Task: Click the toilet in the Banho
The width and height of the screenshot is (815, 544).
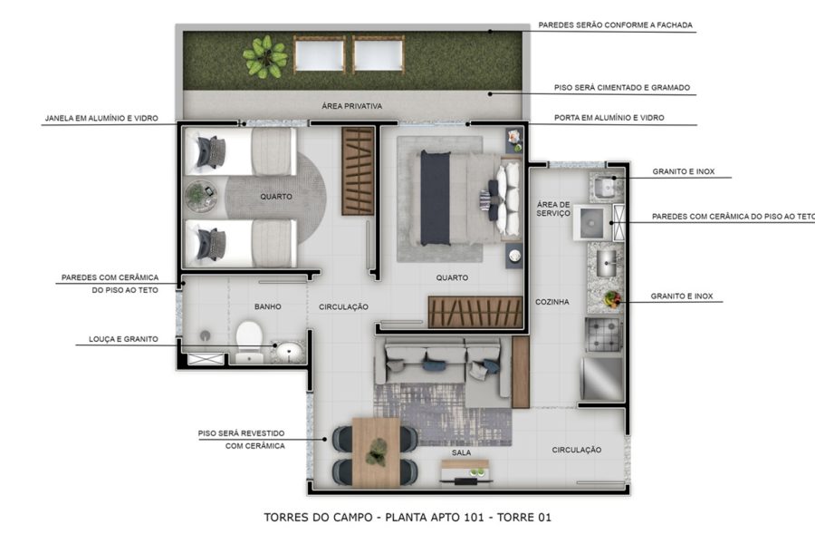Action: [248, 339]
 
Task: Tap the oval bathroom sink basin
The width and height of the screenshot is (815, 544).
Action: [288, 350]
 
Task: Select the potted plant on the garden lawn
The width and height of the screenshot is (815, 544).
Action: [265, 56]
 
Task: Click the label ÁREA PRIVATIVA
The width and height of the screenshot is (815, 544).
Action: [351, 106]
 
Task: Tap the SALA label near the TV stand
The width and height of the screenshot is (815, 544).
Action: [462, 452]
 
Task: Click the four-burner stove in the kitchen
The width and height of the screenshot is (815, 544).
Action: [602, 333]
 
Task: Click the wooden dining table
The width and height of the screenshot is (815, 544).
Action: [376, 451]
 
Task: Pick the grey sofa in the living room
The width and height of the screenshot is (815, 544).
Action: [443, 361]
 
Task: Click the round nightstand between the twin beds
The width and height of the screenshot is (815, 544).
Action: [200, 195]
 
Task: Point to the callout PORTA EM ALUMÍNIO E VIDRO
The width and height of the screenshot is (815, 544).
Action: [611, 118]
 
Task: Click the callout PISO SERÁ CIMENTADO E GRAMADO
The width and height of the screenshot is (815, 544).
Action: [622, 88]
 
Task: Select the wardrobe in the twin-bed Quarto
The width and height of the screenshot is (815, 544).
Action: [358, 170]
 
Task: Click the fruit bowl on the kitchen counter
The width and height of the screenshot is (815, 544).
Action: [612, 297]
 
